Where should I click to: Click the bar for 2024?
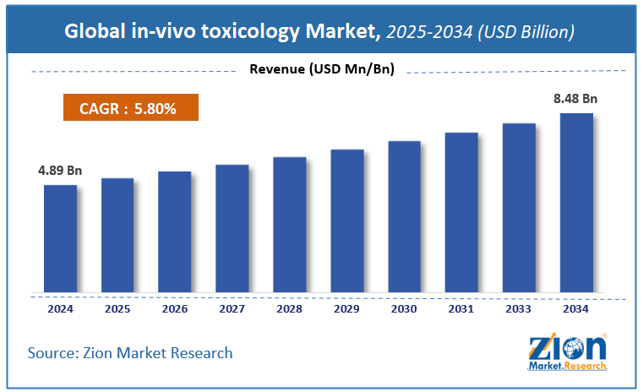[60, 238]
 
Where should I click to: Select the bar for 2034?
[576, 203]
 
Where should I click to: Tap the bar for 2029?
[347, 220]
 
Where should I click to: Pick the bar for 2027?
[232, 228]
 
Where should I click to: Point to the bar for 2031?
[462, 212]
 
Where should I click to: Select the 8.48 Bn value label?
[575, 99]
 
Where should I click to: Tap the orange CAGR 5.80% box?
[130, 109]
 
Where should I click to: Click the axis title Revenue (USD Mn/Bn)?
[322, 69]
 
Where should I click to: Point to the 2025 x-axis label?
[117, 309]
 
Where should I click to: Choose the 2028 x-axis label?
[290, 309]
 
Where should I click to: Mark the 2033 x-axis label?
[519, 309]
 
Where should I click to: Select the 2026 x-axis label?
[175, 309]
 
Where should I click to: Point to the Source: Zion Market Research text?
[130, 351]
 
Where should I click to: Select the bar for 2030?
[405, 216]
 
